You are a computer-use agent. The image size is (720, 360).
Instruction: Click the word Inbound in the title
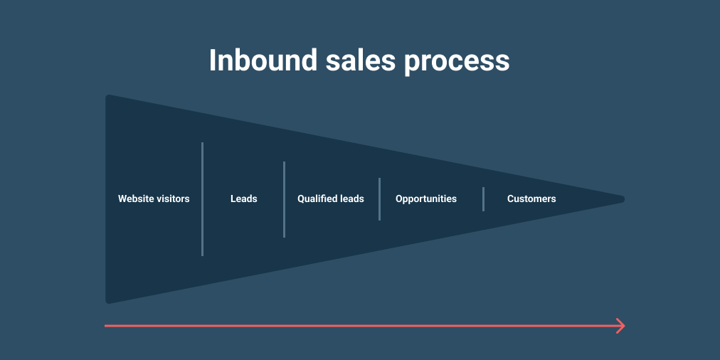point(263,60)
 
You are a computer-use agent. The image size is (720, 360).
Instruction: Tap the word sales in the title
point(361,60)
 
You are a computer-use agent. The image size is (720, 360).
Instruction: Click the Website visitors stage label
point(154,198)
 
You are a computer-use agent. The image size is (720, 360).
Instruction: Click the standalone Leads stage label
point(244,198)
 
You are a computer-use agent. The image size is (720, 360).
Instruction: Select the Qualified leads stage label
point(331,198)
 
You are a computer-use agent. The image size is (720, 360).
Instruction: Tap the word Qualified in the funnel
point(317,199)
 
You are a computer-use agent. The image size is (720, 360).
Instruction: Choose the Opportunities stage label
point(426,199)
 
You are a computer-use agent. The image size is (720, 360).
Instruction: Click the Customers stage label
point(531,198)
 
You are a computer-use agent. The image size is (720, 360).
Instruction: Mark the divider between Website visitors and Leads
point(203,198)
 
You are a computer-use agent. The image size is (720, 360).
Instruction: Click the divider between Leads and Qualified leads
point(285,199)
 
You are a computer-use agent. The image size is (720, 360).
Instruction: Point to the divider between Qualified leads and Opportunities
point(379,199)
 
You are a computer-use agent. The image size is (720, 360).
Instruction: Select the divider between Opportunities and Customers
point(484,199)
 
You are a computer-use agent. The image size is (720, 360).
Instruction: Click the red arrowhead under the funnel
point(621,326)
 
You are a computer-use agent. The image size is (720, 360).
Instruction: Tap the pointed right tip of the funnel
point(624,199)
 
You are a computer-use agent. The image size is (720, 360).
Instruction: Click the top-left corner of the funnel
point(107,95)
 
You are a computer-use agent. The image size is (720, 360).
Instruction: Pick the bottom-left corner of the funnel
point(107,302)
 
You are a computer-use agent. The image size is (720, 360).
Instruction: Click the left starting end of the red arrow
point(105,326)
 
